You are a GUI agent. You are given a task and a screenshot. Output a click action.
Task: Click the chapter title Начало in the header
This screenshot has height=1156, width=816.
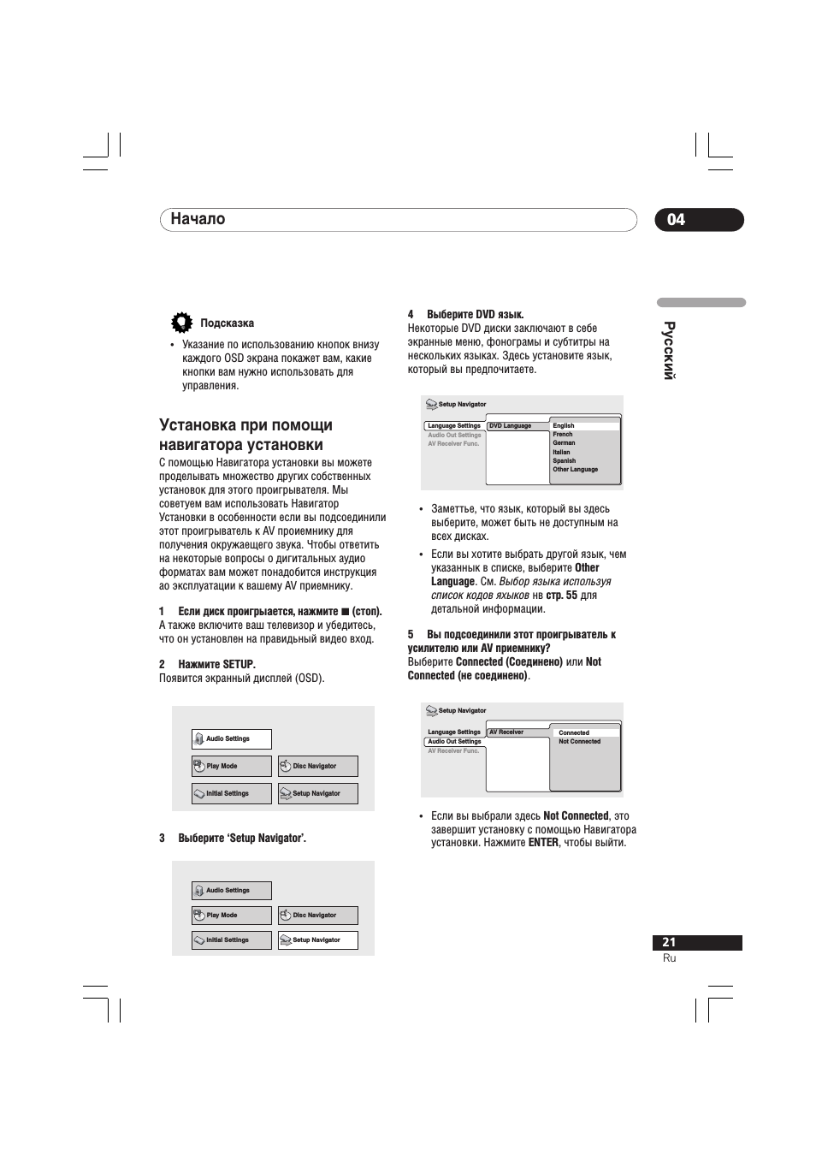198,219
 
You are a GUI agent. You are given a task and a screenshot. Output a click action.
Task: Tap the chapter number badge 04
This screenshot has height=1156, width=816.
676,220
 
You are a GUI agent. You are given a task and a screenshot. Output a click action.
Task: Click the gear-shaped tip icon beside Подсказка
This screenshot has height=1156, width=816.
181,323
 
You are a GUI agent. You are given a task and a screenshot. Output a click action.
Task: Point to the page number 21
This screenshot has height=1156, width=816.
669,942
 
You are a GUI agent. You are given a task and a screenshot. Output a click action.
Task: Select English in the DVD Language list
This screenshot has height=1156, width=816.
564,425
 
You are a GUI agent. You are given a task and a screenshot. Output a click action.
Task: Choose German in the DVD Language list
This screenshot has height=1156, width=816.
564,443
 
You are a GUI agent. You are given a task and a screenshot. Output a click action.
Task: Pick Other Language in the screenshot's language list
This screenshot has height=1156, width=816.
575,470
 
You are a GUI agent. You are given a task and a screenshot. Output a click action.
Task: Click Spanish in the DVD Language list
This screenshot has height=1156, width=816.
564,460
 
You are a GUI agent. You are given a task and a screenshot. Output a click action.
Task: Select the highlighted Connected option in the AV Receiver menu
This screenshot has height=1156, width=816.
574,732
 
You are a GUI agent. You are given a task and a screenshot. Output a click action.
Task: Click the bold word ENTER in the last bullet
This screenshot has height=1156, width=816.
543,843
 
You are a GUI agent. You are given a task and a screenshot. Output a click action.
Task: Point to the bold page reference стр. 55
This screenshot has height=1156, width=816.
561,596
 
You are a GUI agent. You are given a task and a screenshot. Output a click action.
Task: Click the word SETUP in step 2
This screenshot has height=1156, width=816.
238,665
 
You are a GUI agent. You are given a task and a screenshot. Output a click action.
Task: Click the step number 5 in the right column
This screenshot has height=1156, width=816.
411,635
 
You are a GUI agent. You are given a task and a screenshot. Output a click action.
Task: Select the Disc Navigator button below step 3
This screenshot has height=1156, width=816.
317,916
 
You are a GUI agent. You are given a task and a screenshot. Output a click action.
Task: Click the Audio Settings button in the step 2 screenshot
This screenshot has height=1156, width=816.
231,739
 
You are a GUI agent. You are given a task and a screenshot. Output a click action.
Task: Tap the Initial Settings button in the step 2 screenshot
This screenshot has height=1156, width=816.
231,794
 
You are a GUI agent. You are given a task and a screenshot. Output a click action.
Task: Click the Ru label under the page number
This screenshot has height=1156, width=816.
669,958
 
